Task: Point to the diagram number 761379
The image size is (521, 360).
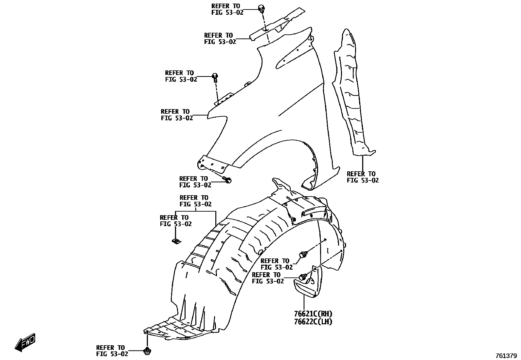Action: pyautogui.click(x=506, y=356)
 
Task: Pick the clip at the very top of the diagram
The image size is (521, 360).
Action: pyautogui.click(x=261, y=8)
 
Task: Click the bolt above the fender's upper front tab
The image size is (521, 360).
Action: pyautogui.click(x=215, y=77)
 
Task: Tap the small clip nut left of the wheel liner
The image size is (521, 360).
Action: pyautogui.click(x=176, y=241)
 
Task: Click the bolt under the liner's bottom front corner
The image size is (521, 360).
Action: pyautogui.click(x=147, y=351)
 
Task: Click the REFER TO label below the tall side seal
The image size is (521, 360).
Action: pyautogui.click(x=363, y=177)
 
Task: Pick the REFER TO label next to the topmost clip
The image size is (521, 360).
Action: pyautogui.click(x=227, y=9)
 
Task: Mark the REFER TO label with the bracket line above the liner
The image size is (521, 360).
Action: pyautogui.click(x=195, y=201)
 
